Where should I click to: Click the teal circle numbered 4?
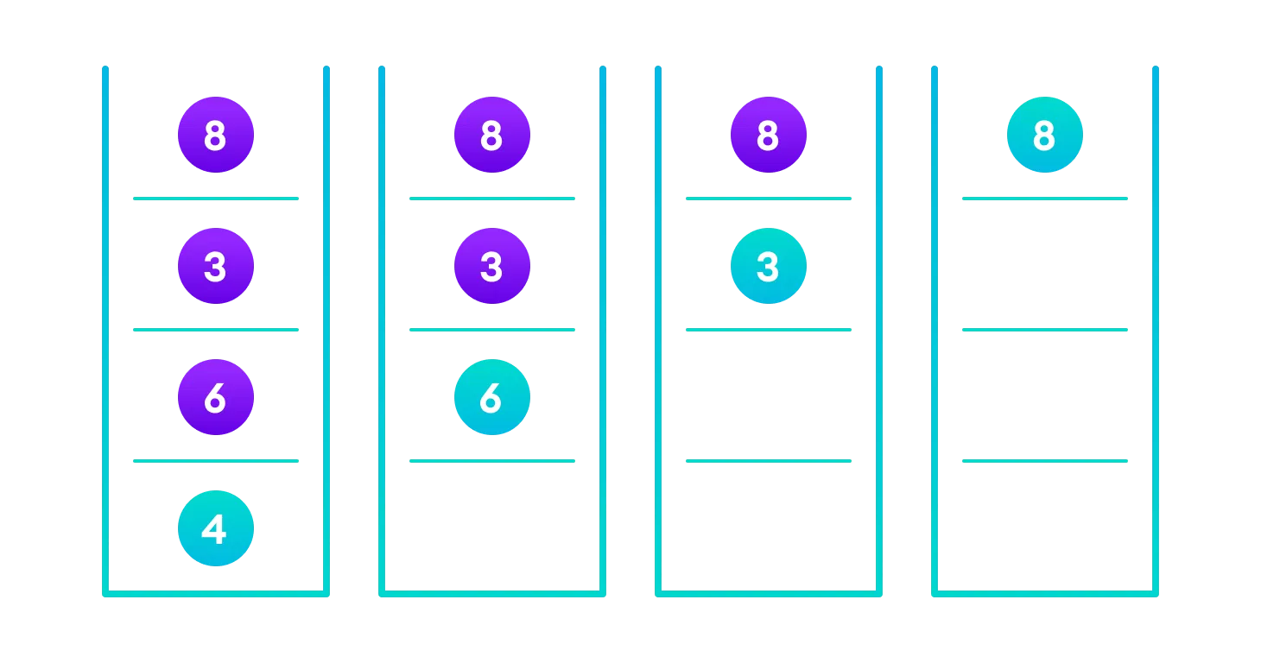(x=216, y=528)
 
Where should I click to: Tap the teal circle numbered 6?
(x=492, y=397)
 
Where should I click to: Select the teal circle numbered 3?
(x=769, y=266)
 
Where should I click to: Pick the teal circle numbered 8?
(x=1045, y=135)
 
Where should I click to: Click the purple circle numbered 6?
(x=216, y=397)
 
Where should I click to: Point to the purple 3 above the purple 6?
(x=216, y=266)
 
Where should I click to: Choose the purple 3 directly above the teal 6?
(x=492, y=266)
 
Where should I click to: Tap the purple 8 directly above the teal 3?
(x=769, y=135)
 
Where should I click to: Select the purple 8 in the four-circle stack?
(x=216, y=135)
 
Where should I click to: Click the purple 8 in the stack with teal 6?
(x=492, y=135)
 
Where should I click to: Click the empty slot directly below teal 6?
(x=492, y=527)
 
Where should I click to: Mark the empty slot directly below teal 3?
(x=769, y=395)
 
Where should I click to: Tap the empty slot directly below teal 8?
(x=1045, y=264)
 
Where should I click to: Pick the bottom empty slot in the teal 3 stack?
(x=769, y=527)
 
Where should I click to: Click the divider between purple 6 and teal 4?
(x=216, y=461)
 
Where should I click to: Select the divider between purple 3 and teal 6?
(x=492, y=330)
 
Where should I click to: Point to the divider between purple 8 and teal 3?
(x=769, y=199)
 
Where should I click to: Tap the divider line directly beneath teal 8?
(x=1045, y=199)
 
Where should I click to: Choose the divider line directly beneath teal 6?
(x=492, y=461)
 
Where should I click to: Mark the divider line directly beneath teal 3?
(x=769, y=330)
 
